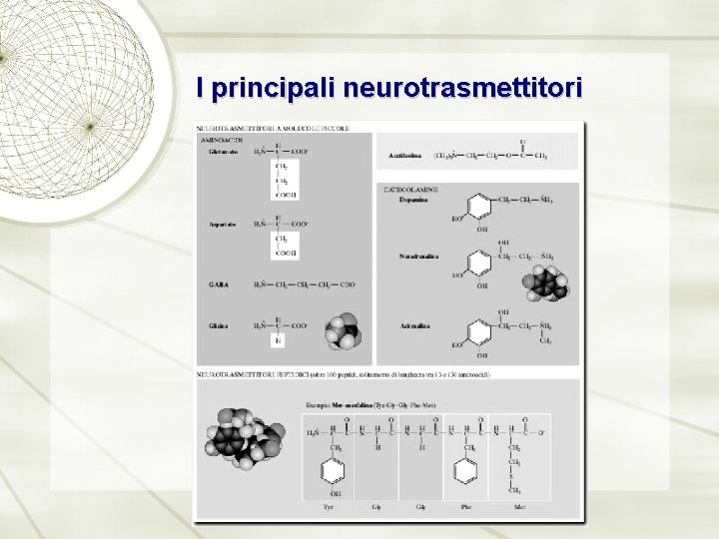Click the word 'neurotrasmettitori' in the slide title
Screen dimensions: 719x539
pos(462,89)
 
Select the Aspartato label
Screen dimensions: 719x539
pos(222,225)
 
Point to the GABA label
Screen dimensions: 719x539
pos(218,284)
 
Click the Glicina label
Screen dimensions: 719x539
pos(218,325)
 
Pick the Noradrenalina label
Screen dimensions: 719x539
pos(419,257)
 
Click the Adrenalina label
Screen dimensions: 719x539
pos(414,325)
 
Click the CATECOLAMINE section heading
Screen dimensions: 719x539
pos(409,188)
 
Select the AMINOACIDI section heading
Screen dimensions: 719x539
pos(221,140)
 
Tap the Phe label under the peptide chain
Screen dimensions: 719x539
pos(465,506)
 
